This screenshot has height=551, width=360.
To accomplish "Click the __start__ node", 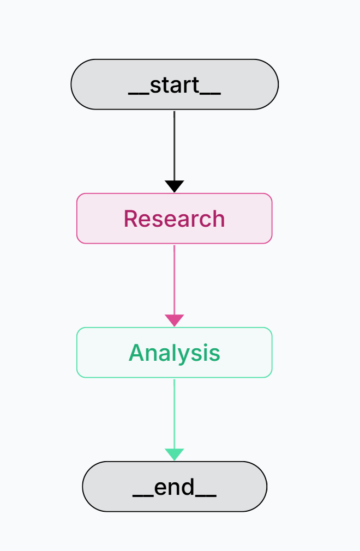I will (x=175, y=84).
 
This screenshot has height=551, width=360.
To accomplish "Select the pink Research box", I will (x=174, y=219).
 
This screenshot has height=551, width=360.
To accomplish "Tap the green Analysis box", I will (x=174, y=353).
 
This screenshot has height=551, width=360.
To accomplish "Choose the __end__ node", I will (x=175, y=487).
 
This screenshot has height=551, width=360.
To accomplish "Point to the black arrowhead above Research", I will (x=174, y=186).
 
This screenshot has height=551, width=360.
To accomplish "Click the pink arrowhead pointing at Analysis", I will (x=174, y=320).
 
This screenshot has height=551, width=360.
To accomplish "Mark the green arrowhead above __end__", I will (x=174, y=454).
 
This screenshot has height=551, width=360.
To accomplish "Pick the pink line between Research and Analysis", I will (x=174, y=278).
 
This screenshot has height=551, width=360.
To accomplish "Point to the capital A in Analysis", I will (x=136, y=353).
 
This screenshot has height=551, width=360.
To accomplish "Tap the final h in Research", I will (x=218, y=219).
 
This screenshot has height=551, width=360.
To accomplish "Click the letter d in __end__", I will (x=187, y=487).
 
